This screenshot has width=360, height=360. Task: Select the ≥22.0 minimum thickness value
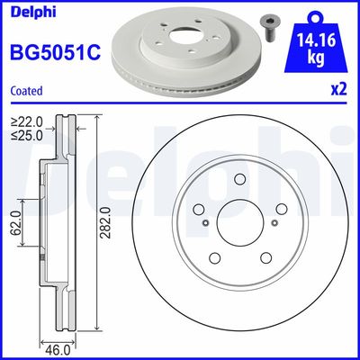point(27,121)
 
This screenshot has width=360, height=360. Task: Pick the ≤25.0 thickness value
point(27,136)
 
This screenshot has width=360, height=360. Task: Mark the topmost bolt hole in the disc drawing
point(239,179)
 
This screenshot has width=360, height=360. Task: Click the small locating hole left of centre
point(207,223)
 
